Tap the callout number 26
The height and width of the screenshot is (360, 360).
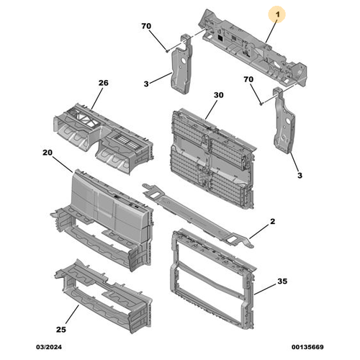click(x=103, y=84)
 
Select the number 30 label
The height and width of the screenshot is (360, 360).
click(x=219, y=95)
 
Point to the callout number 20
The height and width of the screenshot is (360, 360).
click(x=48, y=152)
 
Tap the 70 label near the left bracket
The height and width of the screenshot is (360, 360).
click(x=146, y=26)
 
